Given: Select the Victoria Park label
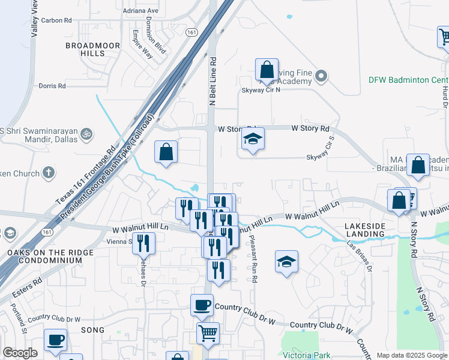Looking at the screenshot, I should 307,355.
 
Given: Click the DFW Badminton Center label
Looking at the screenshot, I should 409,80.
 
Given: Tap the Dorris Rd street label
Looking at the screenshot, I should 52,86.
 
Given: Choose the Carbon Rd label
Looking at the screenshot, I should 57,20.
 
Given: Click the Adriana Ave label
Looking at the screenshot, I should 140,11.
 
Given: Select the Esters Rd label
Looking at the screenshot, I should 28,281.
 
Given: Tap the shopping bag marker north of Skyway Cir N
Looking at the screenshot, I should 266,70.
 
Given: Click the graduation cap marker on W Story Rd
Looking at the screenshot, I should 253,139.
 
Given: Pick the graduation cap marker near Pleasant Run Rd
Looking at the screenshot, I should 286,262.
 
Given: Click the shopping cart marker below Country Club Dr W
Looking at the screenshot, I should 208,333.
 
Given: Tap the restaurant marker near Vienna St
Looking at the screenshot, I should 143,244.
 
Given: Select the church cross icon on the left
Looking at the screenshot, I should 49,173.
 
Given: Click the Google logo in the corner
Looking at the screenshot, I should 20,353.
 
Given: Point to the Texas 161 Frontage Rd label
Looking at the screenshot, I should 85,176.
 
